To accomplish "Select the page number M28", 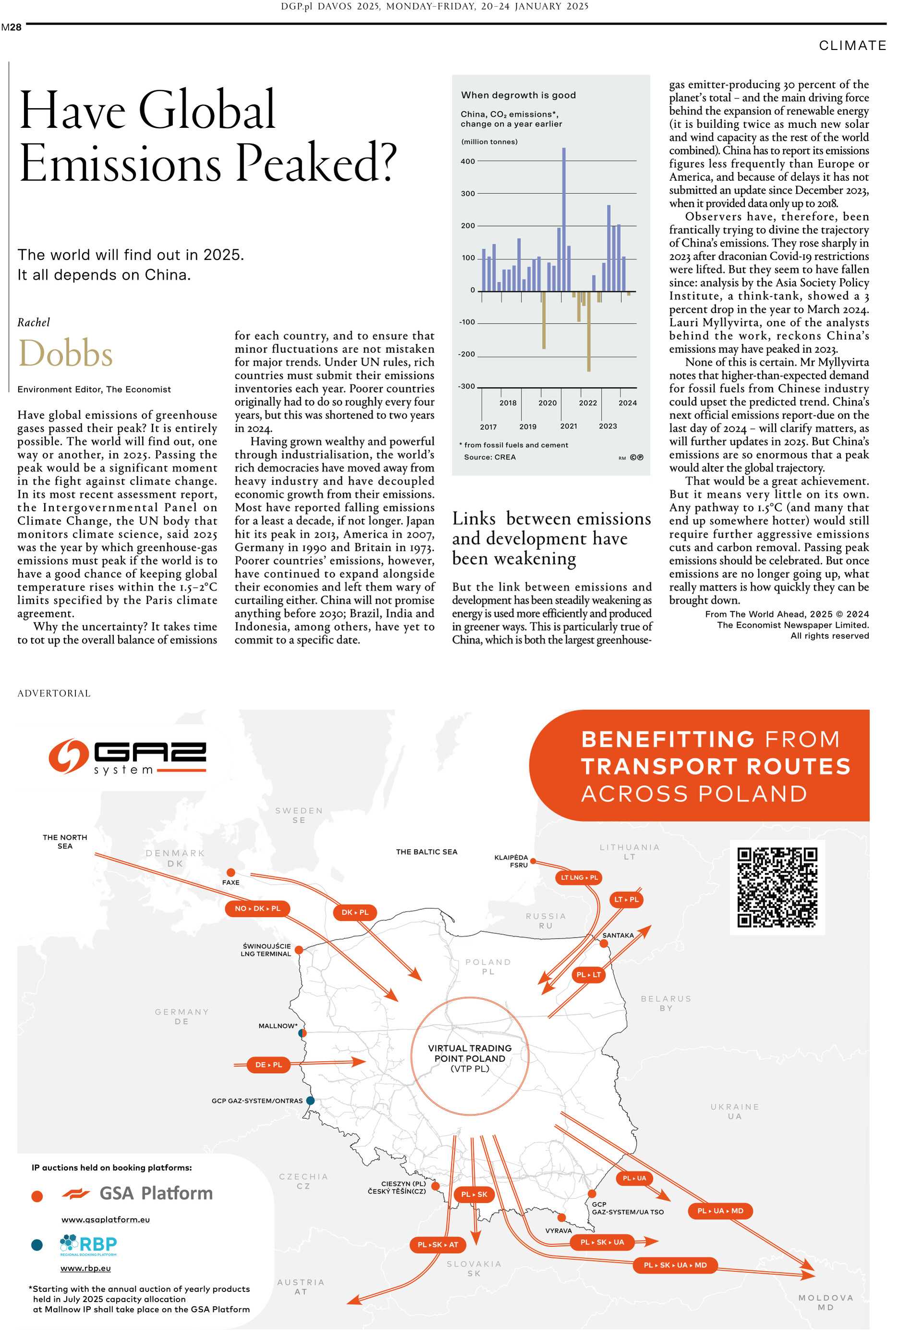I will (x=11, y=27).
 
